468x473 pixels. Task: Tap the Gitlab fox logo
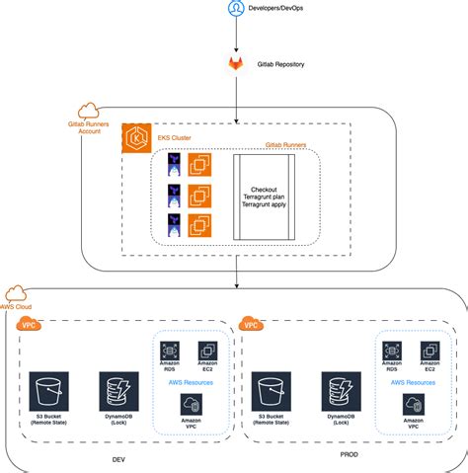236,63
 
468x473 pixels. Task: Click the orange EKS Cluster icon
136,139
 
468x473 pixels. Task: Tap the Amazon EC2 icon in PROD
429,352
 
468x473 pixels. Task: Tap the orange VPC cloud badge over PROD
252,322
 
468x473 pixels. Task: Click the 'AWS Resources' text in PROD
412,380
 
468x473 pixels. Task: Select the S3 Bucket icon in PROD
270,388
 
